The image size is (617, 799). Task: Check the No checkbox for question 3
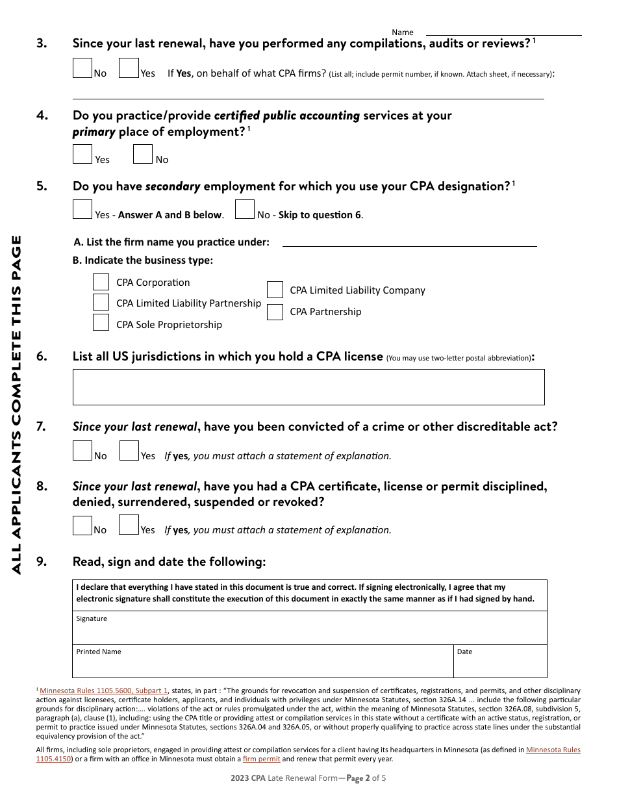pyautogui.click(x=82, y=68)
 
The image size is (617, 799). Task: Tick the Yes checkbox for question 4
pyautogui.click(x=82, y=154)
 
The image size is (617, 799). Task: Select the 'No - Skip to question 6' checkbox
pyautogui.click(x=245, y=209)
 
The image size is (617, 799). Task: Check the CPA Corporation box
pyautogui.click(x=101, y=282)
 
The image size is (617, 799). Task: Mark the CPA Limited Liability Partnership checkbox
pyautogui.click(x=101, y=302)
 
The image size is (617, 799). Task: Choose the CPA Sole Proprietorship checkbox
pyautogui.click(x=101, y=323)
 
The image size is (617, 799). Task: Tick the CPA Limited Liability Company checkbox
pyautogui.click(x=275, y=290)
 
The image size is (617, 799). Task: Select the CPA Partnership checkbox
pyautogui.click(x=275, y=312)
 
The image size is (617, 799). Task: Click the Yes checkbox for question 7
pyautogui.click(x=129, y=451)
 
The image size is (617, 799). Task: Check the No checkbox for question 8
pyautogui.click(x=82, y=525)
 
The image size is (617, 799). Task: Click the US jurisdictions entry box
pyautogui.click(x=308, y=387)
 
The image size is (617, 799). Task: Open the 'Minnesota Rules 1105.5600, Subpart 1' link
pyautogui.click(x=104, y=691)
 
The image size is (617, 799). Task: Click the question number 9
pyautogui.click(x=42, y=562)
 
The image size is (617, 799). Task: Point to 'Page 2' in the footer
pyautogui.click(x=362, y=778)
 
